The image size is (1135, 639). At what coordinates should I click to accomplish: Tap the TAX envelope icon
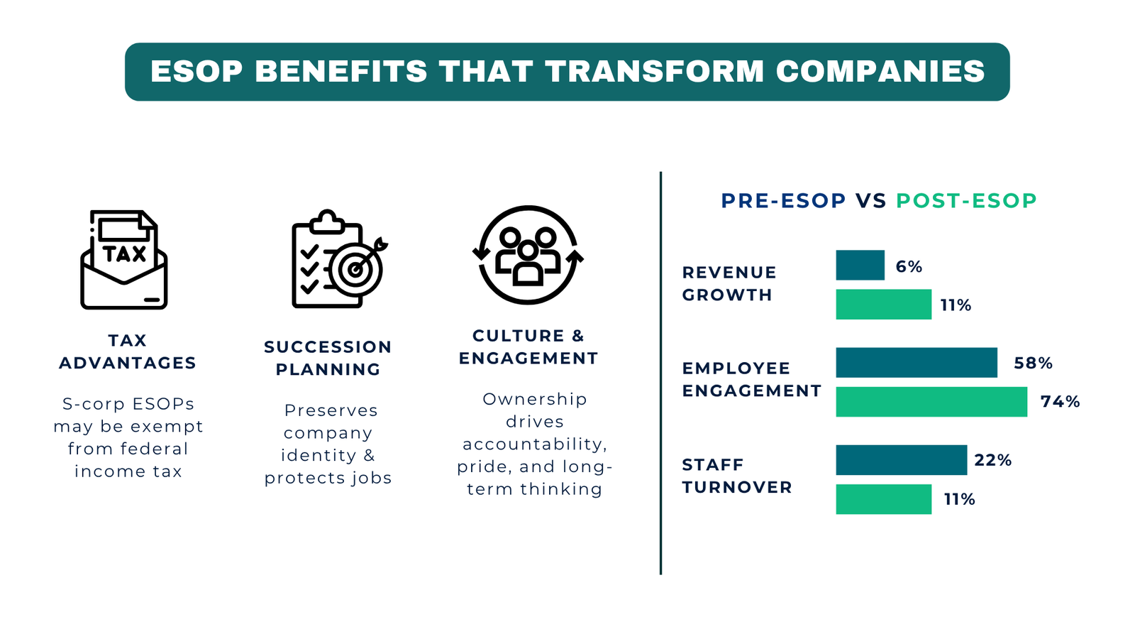tap(124, 260)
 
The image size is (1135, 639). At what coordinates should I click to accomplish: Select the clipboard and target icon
tap(338, 260)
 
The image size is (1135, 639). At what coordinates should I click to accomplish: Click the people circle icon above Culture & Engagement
tap(528, 255)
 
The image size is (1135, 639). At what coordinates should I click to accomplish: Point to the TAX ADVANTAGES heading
tap(128, 351)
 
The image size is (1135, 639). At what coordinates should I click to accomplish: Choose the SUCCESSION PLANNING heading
tap(328, 358)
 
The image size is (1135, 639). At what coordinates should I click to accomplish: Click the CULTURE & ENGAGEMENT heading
tap(528, 346)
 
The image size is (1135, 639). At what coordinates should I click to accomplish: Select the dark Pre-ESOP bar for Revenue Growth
tap(860, 266)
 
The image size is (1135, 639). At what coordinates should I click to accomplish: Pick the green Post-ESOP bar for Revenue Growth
tap(883, 305)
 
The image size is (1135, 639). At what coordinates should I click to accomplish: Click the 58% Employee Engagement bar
tap(917, 363)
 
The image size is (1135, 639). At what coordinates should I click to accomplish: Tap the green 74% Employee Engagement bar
tap(931, 402)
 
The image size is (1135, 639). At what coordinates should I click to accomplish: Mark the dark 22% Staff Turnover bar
tap(901, 460)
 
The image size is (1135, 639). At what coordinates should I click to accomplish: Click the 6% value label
tap(909, 267)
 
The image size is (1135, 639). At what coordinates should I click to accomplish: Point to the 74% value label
tap(1060, 402)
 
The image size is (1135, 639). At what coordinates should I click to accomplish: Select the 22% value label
tap(992, 460)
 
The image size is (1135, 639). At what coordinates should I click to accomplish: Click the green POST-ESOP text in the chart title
tap(966, 201)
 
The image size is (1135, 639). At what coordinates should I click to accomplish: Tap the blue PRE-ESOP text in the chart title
tap(783, 201)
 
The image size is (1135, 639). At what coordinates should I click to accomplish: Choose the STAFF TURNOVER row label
tap(736, 476)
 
